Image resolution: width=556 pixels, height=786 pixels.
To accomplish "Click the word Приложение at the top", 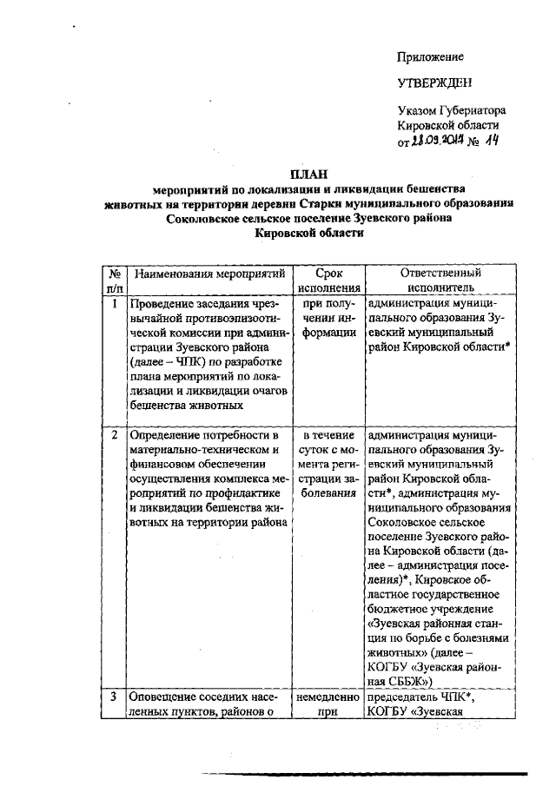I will (430, 56).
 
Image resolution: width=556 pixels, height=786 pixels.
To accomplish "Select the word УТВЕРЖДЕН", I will (435, 83).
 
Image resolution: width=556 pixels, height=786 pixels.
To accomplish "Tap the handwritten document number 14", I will (493, 139).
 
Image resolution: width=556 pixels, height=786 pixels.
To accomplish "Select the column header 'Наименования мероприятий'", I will (210, 274).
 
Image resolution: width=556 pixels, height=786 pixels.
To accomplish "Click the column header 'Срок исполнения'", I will (328, 280).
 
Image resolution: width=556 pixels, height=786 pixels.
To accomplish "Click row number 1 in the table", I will (115, 304).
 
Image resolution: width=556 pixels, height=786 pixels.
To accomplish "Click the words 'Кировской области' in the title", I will (308, 234).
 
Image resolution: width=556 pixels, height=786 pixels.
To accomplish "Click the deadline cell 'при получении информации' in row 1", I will (328, 318).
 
